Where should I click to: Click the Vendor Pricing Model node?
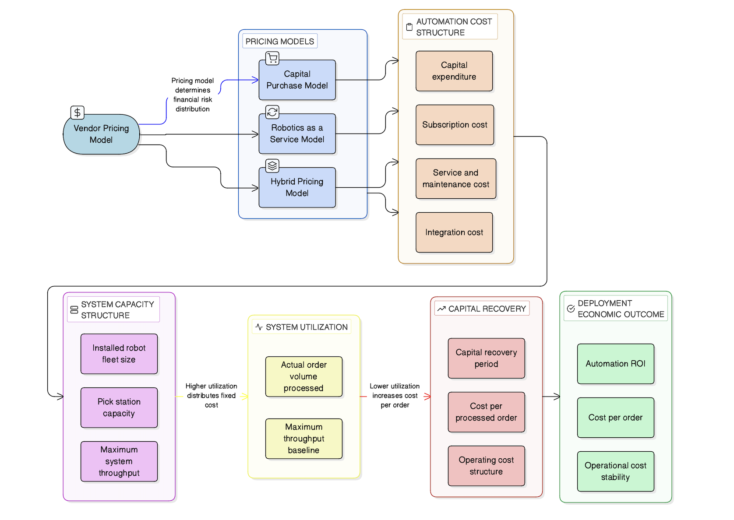[x=101, y=134]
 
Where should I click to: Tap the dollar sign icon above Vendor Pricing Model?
[x=77, y=112]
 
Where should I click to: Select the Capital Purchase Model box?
[x=297, y=80]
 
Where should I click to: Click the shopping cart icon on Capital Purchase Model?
[x=272, y=58]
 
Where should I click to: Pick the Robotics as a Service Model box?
[x=297, y=134]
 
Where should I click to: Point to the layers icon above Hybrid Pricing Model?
[x=272, y=165]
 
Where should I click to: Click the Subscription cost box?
[x=455, y=125]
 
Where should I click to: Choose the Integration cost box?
[x=454, y=232]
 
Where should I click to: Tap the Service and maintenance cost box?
[x=455, y=179]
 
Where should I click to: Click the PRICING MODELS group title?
[x=279, y=41]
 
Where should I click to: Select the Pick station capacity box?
[x=119, y=408]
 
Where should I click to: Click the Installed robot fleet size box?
[x=119, y=354]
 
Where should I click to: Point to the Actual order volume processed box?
[x=303, y=376]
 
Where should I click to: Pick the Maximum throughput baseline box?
[x=303, y=439]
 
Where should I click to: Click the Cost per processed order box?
[x=486, y=412]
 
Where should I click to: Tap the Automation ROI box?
[x=615, y=364]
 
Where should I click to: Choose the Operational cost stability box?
[x=615, y=471]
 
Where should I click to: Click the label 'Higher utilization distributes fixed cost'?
[x=211, y=396]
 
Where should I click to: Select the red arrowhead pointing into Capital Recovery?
[x=427, y=397]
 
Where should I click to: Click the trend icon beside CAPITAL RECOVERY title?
[x=441, y=309]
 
